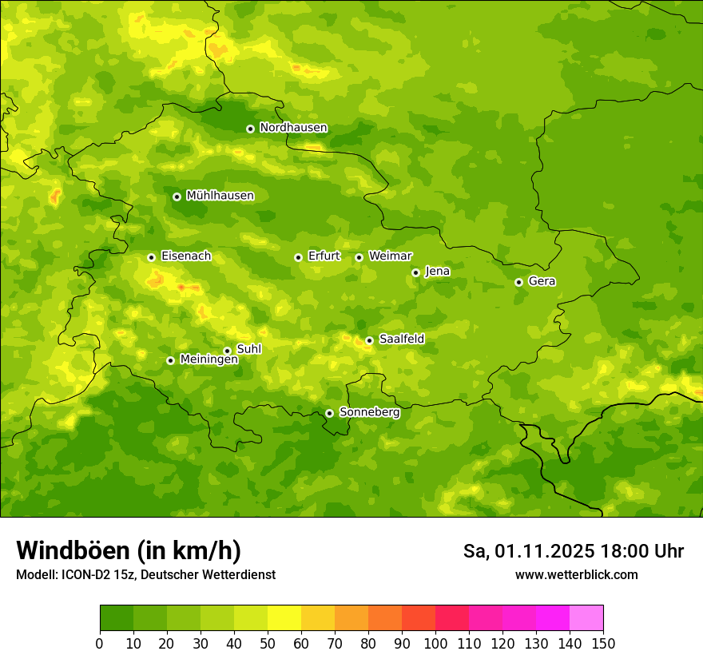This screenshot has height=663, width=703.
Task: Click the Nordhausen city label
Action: pos(293,128)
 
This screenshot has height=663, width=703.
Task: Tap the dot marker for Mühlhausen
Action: pos(177,197)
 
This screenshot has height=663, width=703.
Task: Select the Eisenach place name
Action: pos(185,256)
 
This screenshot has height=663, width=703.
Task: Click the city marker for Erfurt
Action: pos(298,257)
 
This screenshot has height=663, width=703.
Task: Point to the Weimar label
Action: pos(390,256)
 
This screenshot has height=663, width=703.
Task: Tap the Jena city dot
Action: pos(415,272)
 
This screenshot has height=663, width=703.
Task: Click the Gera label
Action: pos(542,281)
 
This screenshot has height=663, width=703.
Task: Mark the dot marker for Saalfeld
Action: pos(369,340)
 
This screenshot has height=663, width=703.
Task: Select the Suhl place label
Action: pos(248,349)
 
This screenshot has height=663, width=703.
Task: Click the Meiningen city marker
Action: pos(170,360)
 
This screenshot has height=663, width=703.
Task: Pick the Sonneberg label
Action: pos(369,412)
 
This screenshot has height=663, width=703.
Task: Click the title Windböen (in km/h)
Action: pos(128,550)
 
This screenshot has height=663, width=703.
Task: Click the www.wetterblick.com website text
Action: pos(576,574)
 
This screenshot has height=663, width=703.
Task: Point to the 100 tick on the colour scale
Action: pos(435,642)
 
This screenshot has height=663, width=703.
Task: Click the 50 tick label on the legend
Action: pos(268,642)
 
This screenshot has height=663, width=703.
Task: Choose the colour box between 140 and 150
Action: pos(586,618)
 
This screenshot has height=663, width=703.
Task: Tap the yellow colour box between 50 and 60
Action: pos(284,618)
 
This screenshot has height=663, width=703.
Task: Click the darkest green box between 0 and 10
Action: pos(117,618)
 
